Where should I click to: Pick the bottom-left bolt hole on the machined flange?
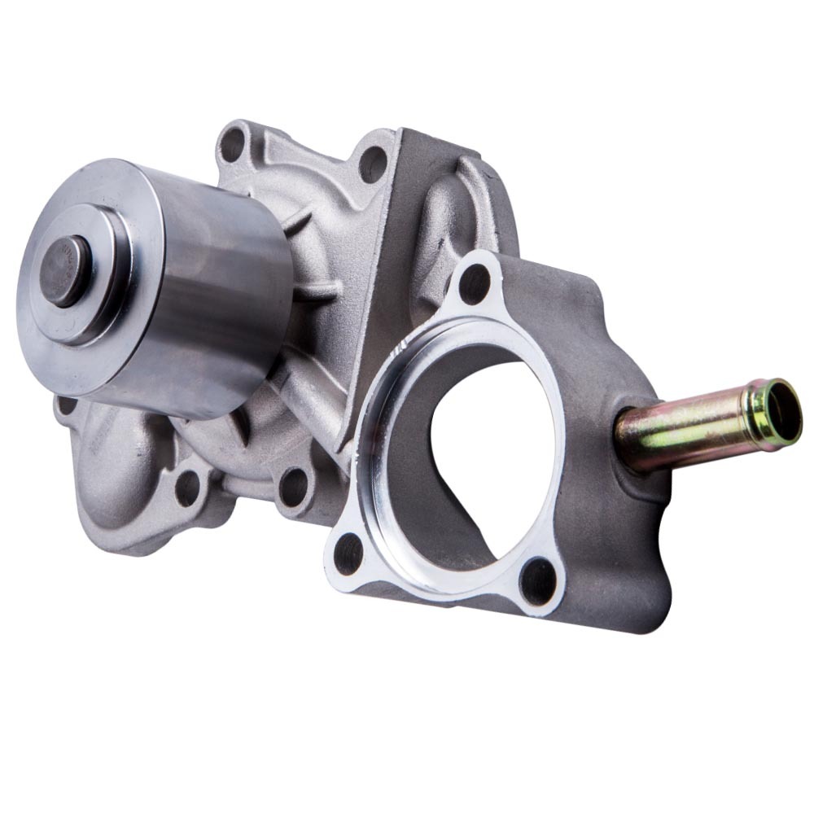click(x=349, y=554)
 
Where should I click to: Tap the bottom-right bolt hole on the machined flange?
click(x=536, y=581)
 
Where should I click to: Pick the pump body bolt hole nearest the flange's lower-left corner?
click(x=292, y=486)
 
